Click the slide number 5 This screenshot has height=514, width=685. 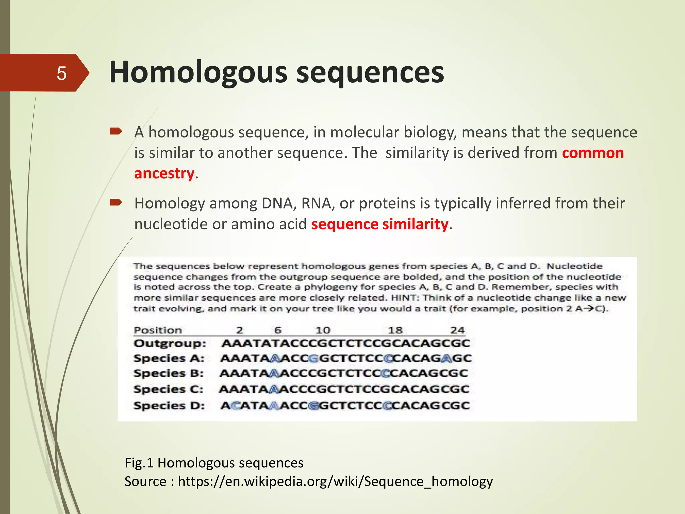tap(61, 73)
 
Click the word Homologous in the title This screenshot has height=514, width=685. tap(198, 72)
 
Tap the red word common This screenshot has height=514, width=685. tap(593, 153)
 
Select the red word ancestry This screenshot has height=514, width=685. tap(164, 173)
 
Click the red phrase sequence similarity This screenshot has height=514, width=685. tap(379, 224)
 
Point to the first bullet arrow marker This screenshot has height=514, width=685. tap(116, 132)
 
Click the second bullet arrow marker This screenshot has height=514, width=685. tap(116, 202)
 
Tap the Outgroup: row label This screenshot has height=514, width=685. tap(170, 343)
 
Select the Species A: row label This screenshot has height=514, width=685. tap(169, 358)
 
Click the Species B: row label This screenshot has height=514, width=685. tap(169, 373)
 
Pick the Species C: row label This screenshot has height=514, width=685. tap(169, 389)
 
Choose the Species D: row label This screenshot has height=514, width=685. tap(169, 406)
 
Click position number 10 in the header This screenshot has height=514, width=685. tap(323, 330)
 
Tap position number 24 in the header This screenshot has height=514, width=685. tap(457, 330)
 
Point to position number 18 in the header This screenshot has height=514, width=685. tap(395, 330)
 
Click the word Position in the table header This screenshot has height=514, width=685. tap(158, 330)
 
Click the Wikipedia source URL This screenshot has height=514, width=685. tap(335, 481)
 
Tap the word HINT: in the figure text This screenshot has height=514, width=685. tap(406, 298)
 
